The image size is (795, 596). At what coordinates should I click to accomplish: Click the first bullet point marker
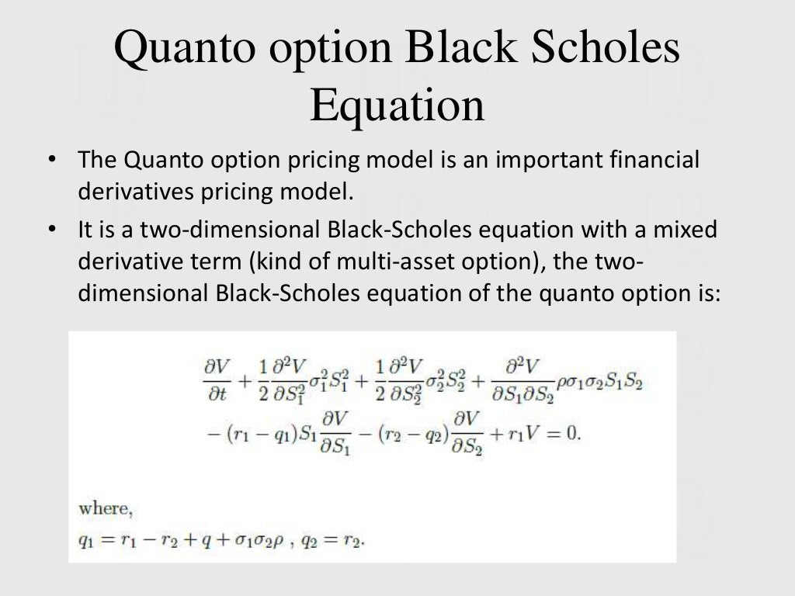(52, 161)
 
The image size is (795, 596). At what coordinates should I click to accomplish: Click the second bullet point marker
(52, 230)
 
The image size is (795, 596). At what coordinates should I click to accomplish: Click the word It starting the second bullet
(86, 230)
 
